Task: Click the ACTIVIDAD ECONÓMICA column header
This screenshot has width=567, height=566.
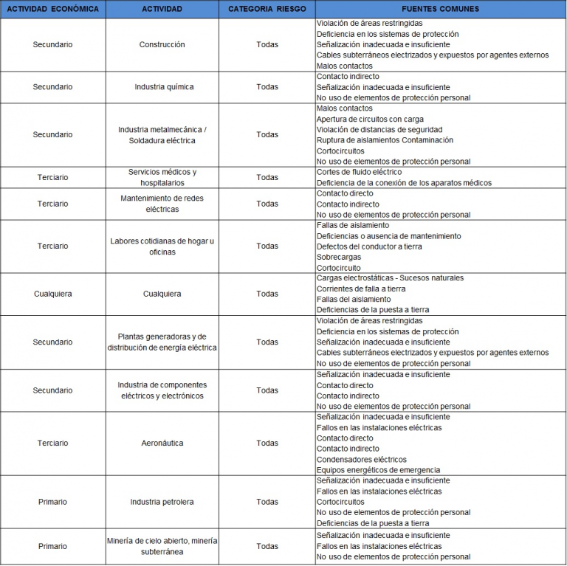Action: (x=52, y=9)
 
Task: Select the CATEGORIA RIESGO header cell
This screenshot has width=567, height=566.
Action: (x=267, y=9)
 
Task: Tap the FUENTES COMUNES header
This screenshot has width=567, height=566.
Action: (x=440, y=9)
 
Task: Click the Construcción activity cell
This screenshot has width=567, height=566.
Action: (x=162, y=45)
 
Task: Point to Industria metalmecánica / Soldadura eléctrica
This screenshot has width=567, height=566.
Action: (x=162, y=135)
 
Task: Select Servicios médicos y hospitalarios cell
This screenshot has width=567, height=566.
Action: (x=162, y=177)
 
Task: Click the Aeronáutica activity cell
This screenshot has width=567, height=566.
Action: (x=162, y=444)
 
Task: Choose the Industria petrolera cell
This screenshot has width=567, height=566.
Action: (x=162, y=502)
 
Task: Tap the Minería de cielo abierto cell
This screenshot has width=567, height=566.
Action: (x=162, y=546)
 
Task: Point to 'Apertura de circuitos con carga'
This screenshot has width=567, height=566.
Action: (x=370, y=119)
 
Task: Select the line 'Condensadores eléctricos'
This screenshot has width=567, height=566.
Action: (x=361, y=460)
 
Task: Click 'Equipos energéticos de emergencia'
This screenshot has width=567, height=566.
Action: (x=378, y=470)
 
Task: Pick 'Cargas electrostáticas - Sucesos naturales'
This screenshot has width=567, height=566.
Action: (x=390, y=278)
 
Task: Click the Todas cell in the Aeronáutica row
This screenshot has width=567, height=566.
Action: (x=267, y=444)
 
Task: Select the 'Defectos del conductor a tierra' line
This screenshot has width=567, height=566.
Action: (x=369, y=246)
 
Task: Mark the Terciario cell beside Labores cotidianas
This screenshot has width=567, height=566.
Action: (x=52, y=246)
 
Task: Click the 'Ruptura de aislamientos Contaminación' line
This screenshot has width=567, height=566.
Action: (x=385, y=140)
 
